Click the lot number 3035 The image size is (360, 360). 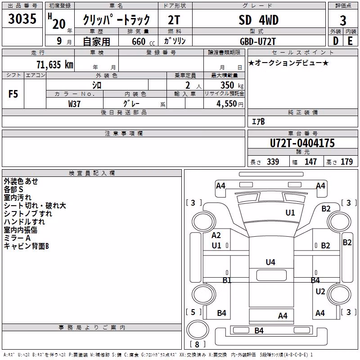tap(22, 19)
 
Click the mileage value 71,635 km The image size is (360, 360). tap(55, 65)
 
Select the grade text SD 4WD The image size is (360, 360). tap(258, 20)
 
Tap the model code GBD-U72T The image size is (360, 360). tap(257, 41)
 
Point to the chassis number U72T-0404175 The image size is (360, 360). tap(302, 143)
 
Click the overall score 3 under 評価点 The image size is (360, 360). tap(343, 20)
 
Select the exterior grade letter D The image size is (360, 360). tap(336, 41)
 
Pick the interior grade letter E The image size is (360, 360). tap(350, 41)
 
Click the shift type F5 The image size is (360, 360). tap(13, 94)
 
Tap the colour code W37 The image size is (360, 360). tap(74, 104)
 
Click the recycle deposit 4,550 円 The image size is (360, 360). tap(230, 104)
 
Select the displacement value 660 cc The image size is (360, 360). tap(143, 41)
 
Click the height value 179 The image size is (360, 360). tap(346, 162)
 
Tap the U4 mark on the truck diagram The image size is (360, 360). tap(270, 262)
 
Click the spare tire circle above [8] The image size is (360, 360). tap(198, 330)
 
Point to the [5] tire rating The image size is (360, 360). tap(193, 312)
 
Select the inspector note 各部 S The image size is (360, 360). tap(13, 189)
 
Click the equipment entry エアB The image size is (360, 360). tap(258, 121)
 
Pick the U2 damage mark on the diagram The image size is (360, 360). tap(320, 291)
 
